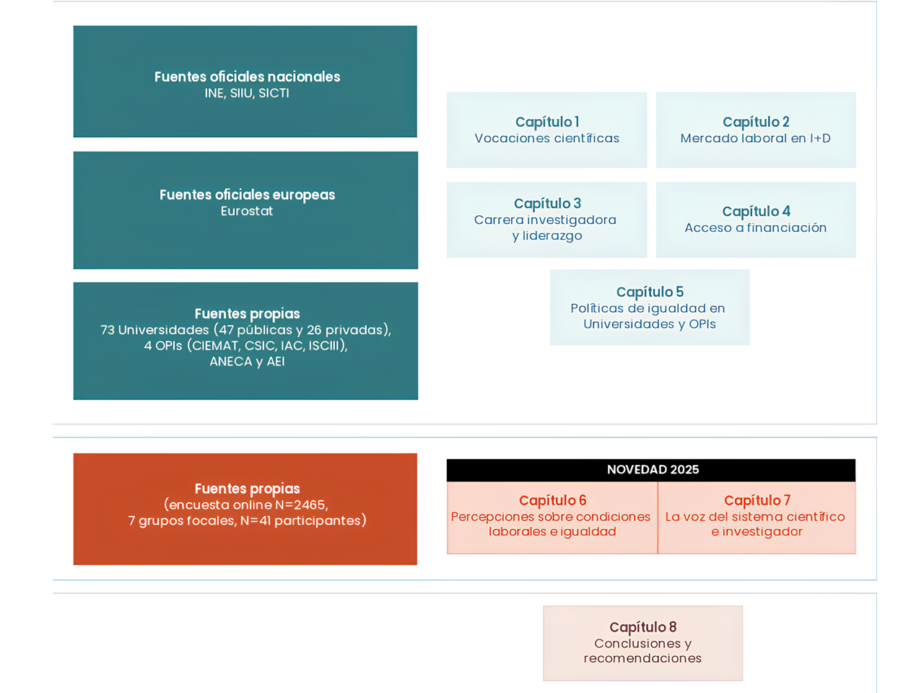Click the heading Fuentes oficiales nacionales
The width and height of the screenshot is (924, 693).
pos(247,77)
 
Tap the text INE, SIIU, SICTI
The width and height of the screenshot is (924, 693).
pos(247,93)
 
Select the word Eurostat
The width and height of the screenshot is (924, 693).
pos(247,211)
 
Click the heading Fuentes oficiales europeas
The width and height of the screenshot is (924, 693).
pos(247,195)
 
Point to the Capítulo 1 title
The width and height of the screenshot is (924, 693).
pos(547,122)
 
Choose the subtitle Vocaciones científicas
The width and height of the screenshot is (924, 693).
pos(547,138)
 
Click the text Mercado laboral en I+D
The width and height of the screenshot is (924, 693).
pos(756,138)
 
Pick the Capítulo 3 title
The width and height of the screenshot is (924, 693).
pos(547,204)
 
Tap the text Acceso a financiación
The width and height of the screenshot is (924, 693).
pos(756,227)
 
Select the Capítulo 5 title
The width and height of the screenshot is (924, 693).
pos(650,292)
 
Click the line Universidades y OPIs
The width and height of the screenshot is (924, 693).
pos(650,324)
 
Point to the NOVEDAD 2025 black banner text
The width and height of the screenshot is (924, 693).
pos(653,469)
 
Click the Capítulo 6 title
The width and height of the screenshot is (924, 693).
pos(552,500)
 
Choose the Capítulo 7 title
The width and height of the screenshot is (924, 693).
pos(757,500)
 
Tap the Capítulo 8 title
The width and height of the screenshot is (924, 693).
pos(642,627)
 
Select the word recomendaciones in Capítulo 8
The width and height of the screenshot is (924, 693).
pos(642,658)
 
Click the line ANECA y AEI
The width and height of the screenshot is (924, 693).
pos(247,362)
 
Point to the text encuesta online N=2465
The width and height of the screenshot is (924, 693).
pos(247,505)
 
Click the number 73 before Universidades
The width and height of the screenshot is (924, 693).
pos(107,330)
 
